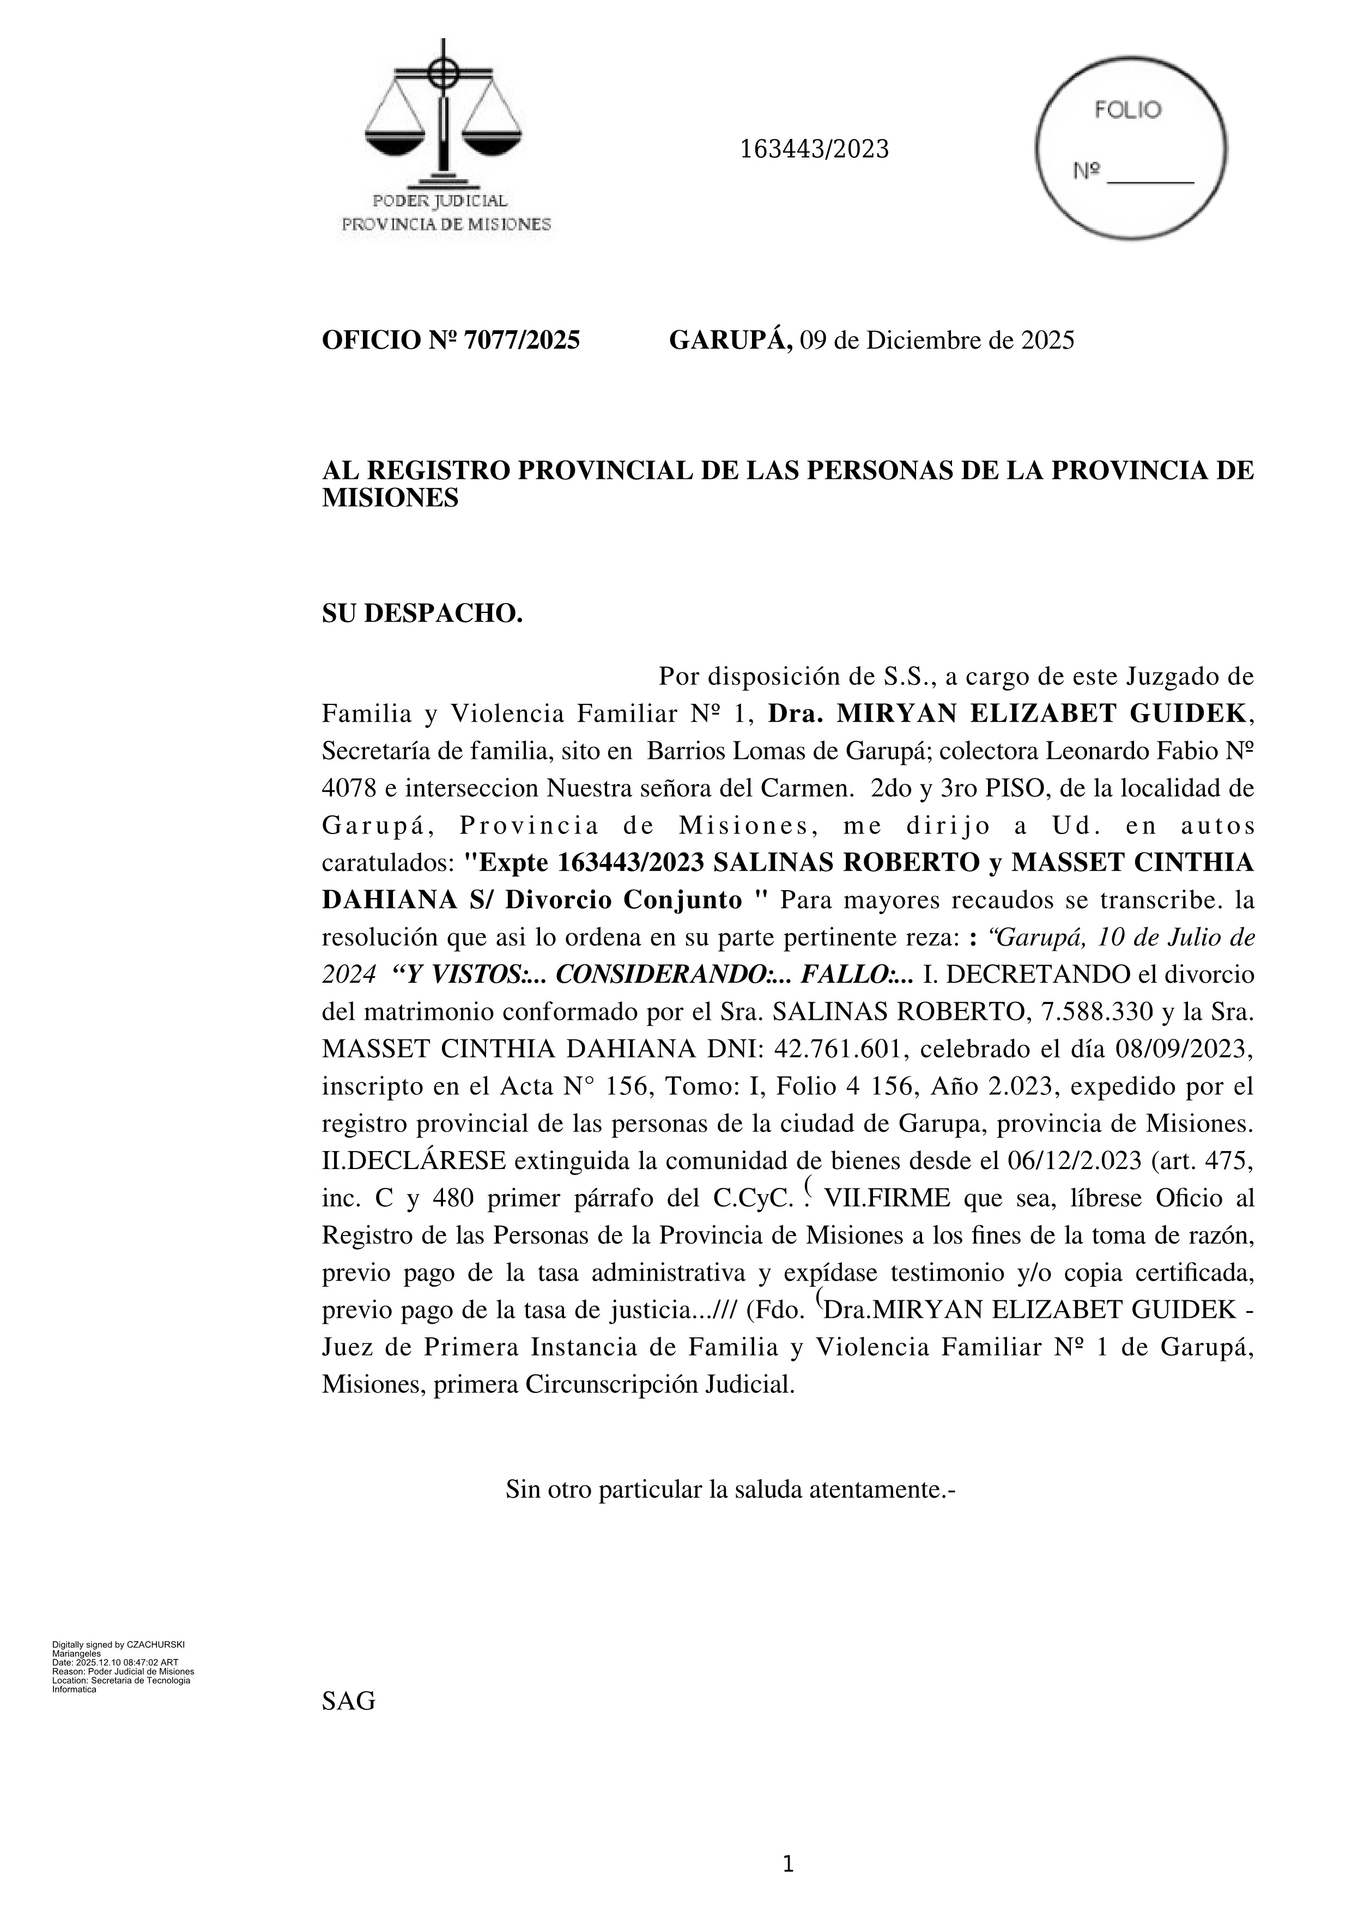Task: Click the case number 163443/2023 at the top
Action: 814,150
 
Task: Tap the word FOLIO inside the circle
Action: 1127,110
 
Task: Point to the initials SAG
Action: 348,1700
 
